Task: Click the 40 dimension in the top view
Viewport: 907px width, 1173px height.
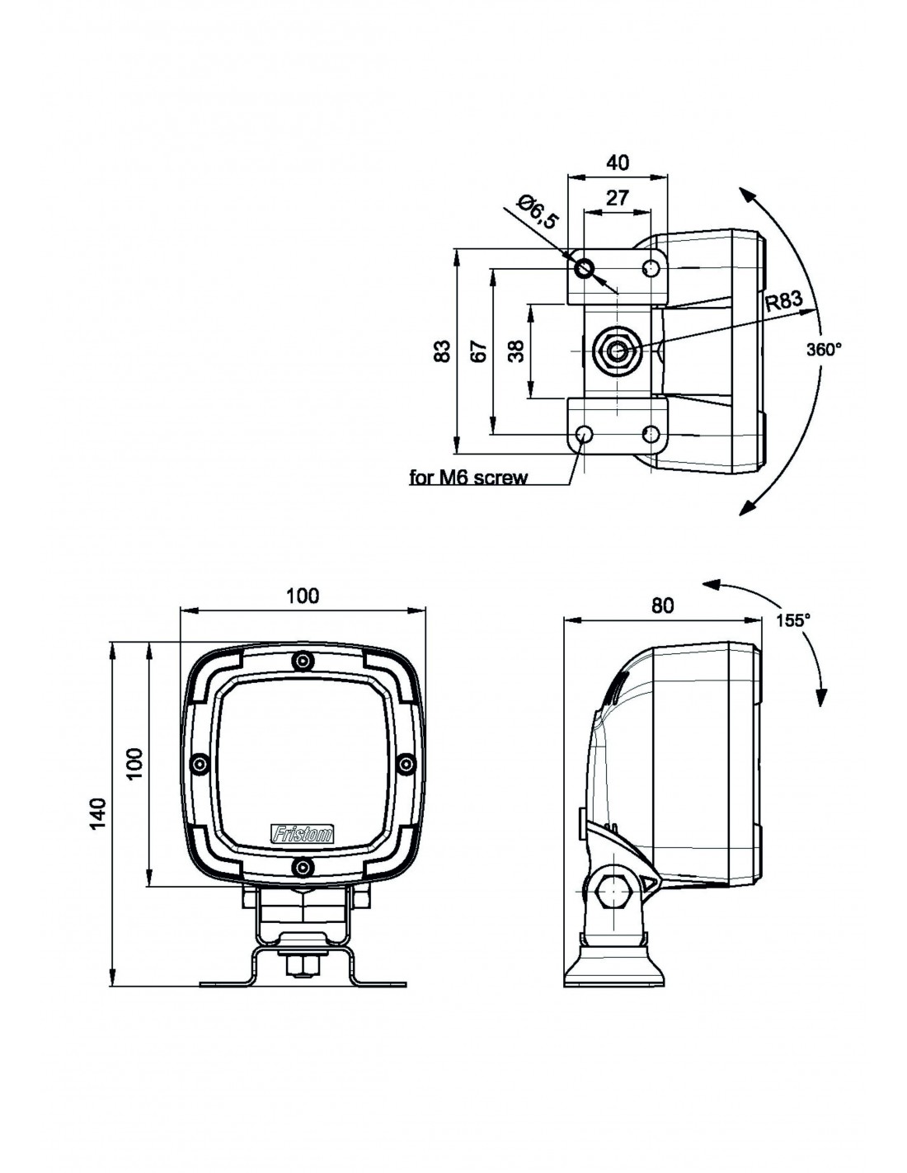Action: tap(617, 163)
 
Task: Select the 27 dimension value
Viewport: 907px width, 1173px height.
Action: tap(617, 197)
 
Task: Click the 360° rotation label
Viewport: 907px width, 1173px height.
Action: tap(824, 350)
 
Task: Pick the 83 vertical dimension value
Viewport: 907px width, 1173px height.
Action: tap(443, 351)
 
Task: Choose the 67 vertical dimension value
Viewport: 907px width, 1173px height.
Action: tap(479, 351)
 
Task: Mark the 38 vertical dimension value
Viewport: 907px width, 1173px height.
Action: tap(516, 352)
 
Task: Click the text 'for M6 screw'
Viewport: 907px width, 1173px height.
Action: tap(468, 477)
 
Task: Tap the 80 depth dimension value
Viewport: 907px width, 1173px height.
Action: tap(662, 605)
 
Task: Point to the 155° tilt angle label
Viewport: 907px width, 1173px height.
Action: tap(793, 620)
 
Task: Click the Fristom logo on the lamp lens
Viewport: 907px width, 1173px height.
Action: tap(303, 835)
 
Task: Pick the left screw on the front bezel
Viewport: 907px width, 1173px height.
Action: tap(199, 765)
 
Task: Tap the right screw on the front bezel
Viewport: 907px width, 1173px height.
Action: tap(404, 765)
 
